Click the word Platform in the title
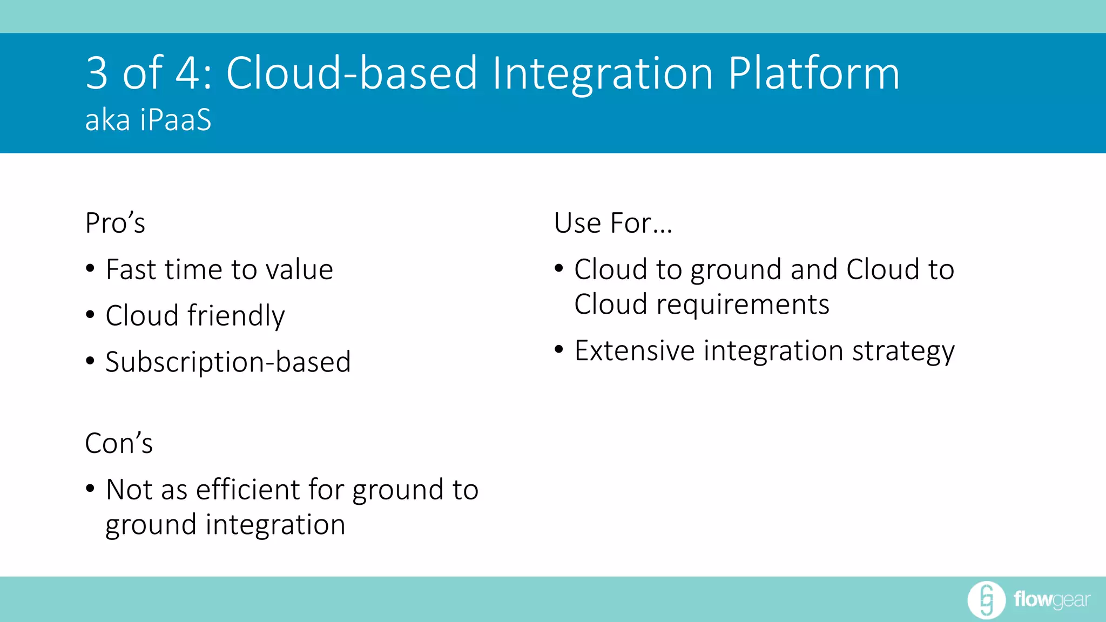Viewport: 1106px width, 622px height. [x=813, y=73]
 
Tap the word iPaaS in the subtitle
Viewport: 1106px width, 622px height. [x=176, y=120]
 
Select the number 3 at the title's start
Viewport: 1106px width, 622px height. [x=97, y=73]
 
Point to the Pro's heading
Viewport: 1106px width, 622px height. [x=115, y=223]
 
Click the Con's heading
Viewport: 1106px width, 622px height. [x=119, y=443]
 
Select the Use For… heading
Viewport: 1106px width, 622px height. [x=613, y=223]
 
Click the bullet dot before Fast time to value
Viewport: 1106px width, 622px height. [x=90, y=268]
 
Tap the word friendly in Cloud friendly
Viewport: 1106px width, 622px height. [x=236, y=316]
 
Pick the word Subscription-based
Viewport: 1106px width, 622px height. [x=228, y=362]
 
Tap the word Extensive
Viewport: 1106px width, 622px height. [x=635, y=351]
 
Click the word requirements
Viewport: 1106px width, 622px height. [x=743, y=305]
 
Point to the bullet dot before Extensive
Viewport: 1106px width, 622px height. [x=559, y=350]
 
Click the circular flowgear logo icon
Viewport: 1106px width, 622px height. [x=986, y=600]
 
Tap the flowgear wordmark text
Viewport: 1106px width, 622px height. [x=1051, y=600]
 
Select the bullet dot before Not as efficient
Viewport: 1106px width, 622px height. [x=90, y=489]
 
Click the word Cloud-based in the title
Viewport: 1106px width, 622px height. [x=352, y=73]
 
